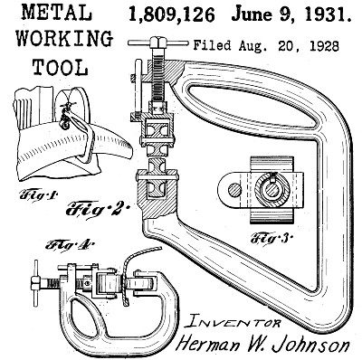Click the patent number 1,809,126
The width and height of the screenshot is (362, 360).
(172, 14)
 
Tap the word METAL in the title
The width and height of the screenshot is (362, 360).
(57, 13)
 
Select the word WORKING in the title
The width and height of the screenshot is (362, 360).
(64, 39)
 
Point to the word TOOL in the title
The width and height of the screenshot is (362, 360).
(60, 67)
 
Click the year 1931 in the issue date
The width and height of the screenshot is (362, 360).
(328, 14)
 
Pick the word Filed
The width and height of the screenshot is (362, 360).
(212, 46)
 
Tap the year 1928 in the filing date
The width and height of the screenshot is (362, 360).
(324, 46)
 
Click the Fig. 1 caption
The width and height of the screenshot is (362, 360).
(38, 196)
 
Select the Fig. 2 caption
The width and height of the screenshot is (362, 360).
(97, 209)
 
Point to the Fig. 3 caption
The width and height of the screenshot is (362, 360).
(271, 239)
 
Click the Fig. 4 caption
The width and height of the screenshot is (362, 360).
(70, 244)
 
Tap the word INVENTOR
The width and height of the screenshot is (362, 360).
(233, 322)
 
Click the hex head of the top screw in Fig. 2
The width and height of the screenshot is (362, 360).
(158, 43)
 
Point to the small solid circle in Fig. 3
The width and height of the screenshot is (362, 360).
(234, 191)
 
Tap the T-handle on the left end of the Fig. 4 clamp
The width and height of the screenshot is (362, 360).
(36, 284)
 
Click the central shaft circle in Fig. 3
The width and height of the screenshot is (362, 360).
(272, 191)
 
